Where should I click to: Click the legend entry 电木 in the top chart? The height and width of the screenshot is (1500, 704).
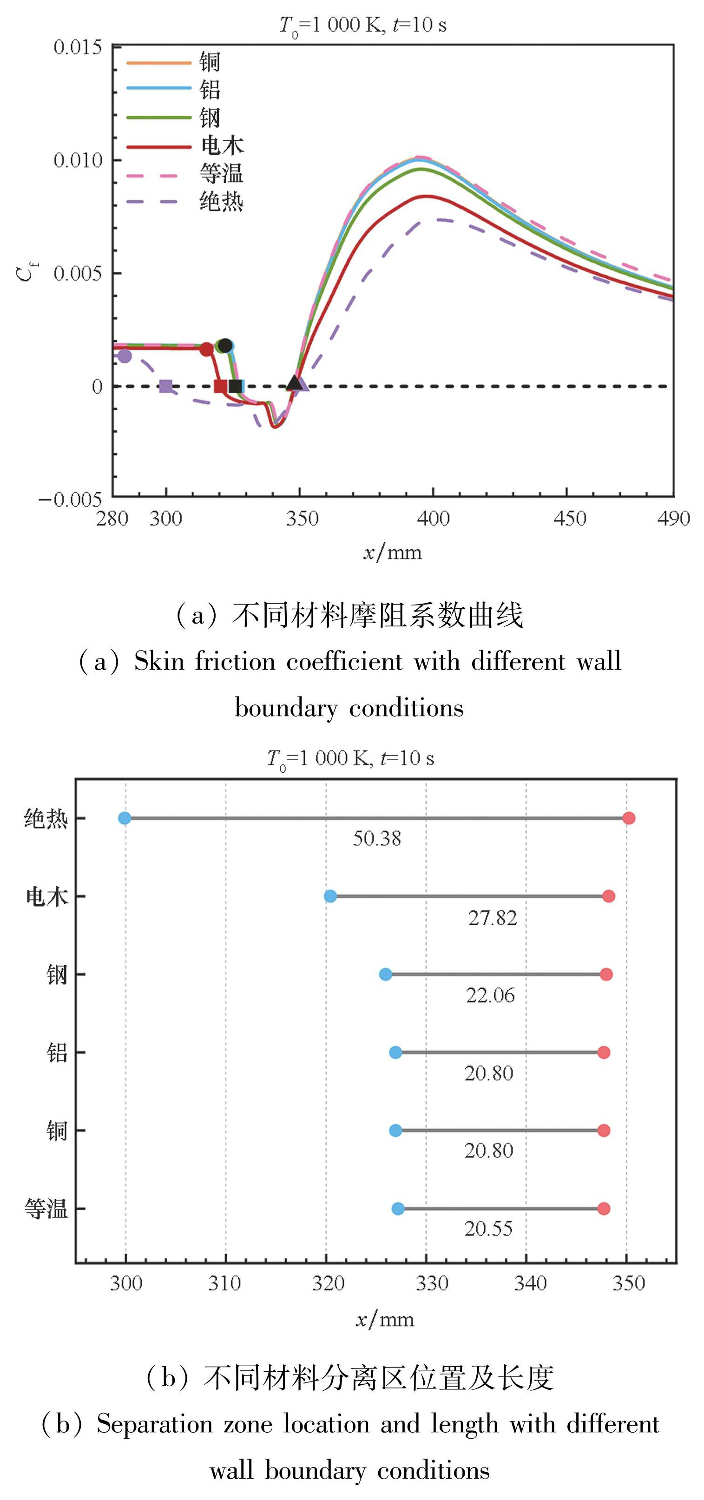coord(222,145)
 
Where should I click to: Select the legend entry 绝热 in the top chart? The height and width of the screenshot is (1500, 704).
coord(221,202)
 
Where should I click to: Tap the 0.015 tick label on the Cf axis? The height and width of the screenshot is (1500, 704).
coord(78,47)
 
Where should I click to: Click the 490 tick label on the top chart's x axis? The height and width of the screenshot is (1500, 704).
coord(673,518)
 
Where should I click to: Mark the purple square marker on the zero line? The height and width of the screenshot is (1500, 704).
coord(166,386)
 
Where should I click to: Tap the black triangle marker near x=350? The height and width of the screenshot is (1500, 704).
coord(295,382)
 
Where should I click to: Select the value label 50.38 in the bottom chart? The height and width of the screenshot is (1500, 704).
coord(377,838)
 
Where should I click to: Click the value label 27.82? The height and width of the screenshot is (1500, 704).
coord(492,918)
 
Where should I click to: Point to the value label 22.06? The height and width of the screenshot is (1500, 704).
coord(490,995)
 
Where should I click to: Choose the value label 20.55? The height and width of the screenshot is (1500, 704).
coord(488,1229)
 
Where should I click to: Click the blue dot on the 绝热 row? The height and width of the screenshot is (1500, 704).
coord(125,818)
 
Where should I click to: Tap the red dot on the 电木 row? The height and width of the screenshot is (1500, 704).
coord(608,896)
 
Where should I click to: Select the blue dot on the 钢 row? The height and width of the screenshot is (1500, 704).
coord(386,974)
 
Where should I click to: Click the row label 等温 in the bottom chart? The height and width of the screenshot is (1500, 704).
coord(46,1209)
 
